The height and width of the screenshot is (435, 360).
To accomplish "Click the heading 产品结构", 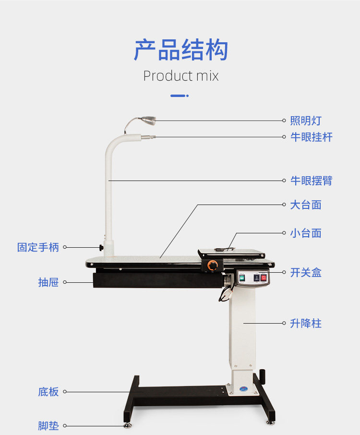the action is tap(180, 50).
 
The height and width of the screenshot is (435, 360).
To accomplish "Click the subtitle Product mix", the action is tap(180, 76).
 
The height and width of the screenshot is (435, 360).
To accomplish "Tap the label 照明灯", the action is tap(305, 121).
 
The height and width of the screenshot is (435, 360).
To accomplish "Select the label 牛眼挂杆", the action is tap(311, 137).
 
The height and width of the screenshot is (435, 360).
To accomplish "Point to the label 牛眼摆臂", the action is tap(311, 181).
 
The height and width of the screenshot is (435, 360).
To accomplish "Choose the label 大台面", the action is tap(305, 205).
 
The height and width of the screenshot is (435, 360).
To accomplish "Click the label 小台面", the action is tap(305, 233).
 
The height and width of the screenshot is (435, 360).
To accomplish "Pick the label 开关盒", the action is tap(305, 273).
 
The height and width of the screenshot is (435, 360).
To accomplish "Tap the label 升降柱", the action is tap(305, 323).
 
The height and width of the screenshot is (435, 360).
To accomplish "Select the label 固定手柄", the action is tap(38, 247).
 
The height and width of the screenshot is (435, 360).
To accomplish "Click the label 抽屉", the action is tap(48, 282).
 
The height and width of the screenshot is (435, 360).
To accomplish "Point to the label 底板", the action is tap(48, 392).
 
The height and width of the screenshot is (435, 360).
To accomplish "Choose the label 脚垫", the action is tap(48, 425).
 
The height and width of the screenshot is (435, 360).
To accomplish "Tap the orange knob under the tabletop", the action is tap(212, 265).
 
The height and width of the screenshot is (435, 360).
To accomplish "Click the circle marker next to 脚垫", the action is tap(65, 425).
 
